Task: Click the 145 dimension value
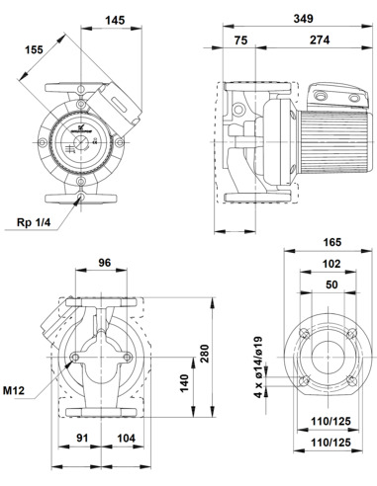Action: click(115, 20)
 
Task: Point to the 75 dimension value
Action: click(241, 40)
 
